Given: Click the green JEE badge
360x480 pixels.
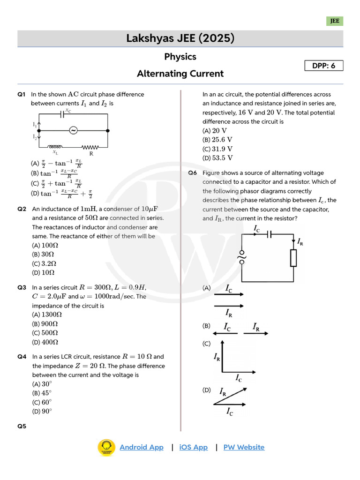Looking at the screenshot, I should [335, 21].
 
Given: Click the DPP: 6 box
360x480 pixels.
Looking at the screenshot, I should [324, 66].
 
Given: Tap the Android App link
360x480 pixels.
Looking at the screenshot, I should [142, 447].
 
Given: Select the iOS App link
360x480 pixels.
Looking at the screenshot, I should [194, 447].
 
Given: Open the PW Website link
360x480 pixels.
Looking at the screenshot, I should [244, 447].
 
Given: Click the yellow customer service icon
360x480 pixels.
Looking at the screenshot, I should [106, 447].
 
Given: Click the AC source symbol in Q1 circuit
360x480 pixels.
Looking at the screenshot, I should [73, 130].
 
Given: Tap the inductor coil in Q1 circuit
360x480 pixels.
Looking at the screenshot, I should [55, 147].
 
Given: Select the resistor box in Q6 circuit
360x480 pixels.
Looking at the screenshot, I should [293, 258].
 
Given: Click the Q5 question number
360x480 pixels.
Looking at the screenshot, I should [22, 426].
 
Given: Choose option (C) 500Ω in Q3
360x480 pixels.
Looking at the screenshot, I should [45, 333].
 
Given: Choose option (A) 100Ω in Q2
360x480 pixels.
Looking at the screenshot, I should [45, 245].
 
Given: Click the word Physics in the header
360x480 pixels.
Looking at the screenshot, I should [180, 57].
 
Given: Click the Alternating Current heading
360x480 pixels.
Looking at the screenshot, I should [180, 74].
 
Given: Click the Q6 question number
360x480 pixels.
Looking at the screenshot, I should [193, 173].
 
